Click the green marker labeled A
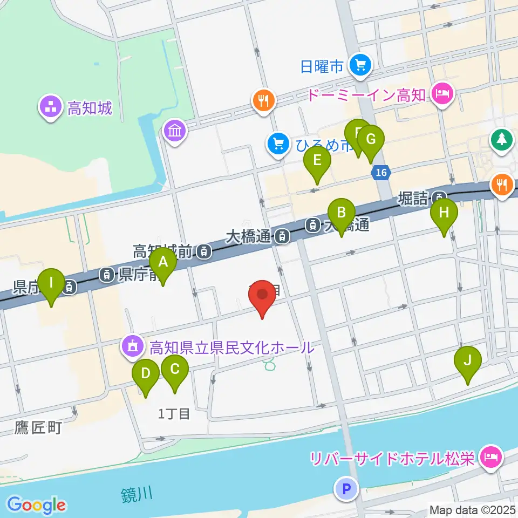click(163, 263)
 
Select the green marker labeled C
click(174, 370)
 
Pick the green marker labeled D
click(146, 373)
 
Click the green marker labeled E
click(317, 160)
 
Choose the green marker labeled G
click(370, 139)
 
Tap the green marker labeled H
click(444, 212)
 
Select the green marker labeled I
click(51, 283)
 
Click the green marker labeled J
click(467, 360)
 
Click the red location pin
click(262, 295)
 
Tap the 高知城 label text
click(90, 108)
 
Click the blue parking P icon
click(346, 489)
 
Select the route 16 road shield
click(381, 173)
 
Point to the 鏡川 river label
click(135, 494)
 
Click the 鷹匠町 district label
click(38, 428)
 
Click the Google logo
click(36, 505)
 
